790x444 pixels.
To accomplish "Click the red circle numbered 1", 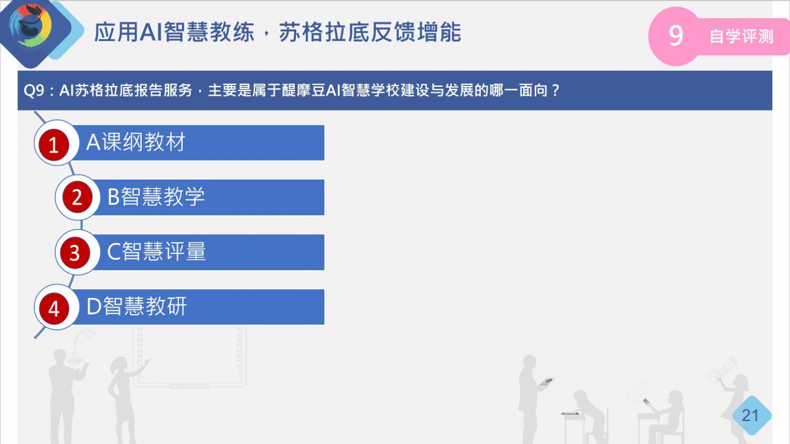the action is click(54, 144).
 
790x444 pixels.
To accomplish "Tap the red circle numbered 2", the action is click(77, 197).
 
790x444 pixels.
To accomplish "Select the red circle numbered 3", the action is click(75, 252).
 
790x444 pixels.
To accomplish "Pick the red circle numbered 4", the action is click(54, 309).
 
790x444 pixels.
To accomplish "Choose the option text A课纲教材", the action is click(136, 142).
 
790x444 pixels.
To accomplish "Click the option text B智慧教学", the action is click(156, 197).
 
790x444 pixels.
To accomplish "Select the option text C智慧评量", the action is click(156, 251).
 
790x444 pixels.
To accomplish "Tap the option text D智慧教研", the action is click(136, 306).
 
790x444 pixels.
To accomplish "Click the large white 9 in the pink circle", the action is click(676, 36).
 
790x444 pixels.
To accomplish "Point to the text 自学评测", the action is click(741, 37).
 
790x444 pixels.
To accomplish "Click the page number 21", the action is click(750, 415).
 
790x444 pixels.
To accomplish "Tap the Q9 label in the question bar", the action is click(34, 91).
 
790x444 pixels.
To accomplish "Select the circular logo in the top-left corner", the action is click(31, 25).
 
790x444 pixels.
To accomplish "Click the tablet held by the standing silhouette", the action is click(547, 381).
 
